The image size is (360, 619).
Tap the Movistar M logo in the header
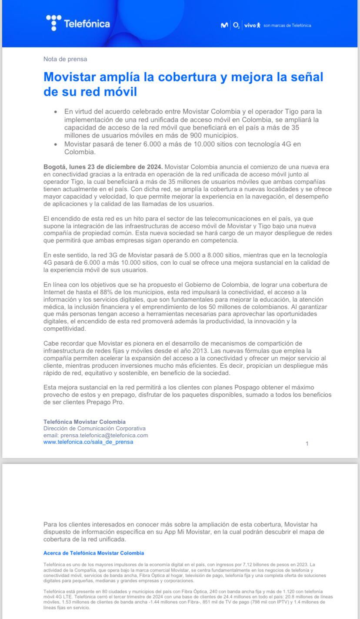click(x=224, y=26)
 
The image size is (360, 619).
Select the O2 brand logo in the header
click(x=236, y=26)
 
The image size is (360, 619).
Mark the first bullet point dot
click(x=55, y=112)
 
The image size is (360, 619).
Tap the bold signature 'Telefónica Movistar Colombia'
click(x=84, y=422)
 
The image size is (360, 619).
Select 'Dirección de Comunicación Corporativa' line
click(x=94, y=428)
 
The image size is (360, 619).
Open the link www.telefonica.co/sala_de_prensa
click(x=88, y=442)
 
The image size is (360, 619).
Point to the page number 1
click(x=307, y=444)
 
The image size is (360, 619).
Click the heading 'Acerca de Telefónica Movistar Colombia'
click(x=93, y=553)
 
